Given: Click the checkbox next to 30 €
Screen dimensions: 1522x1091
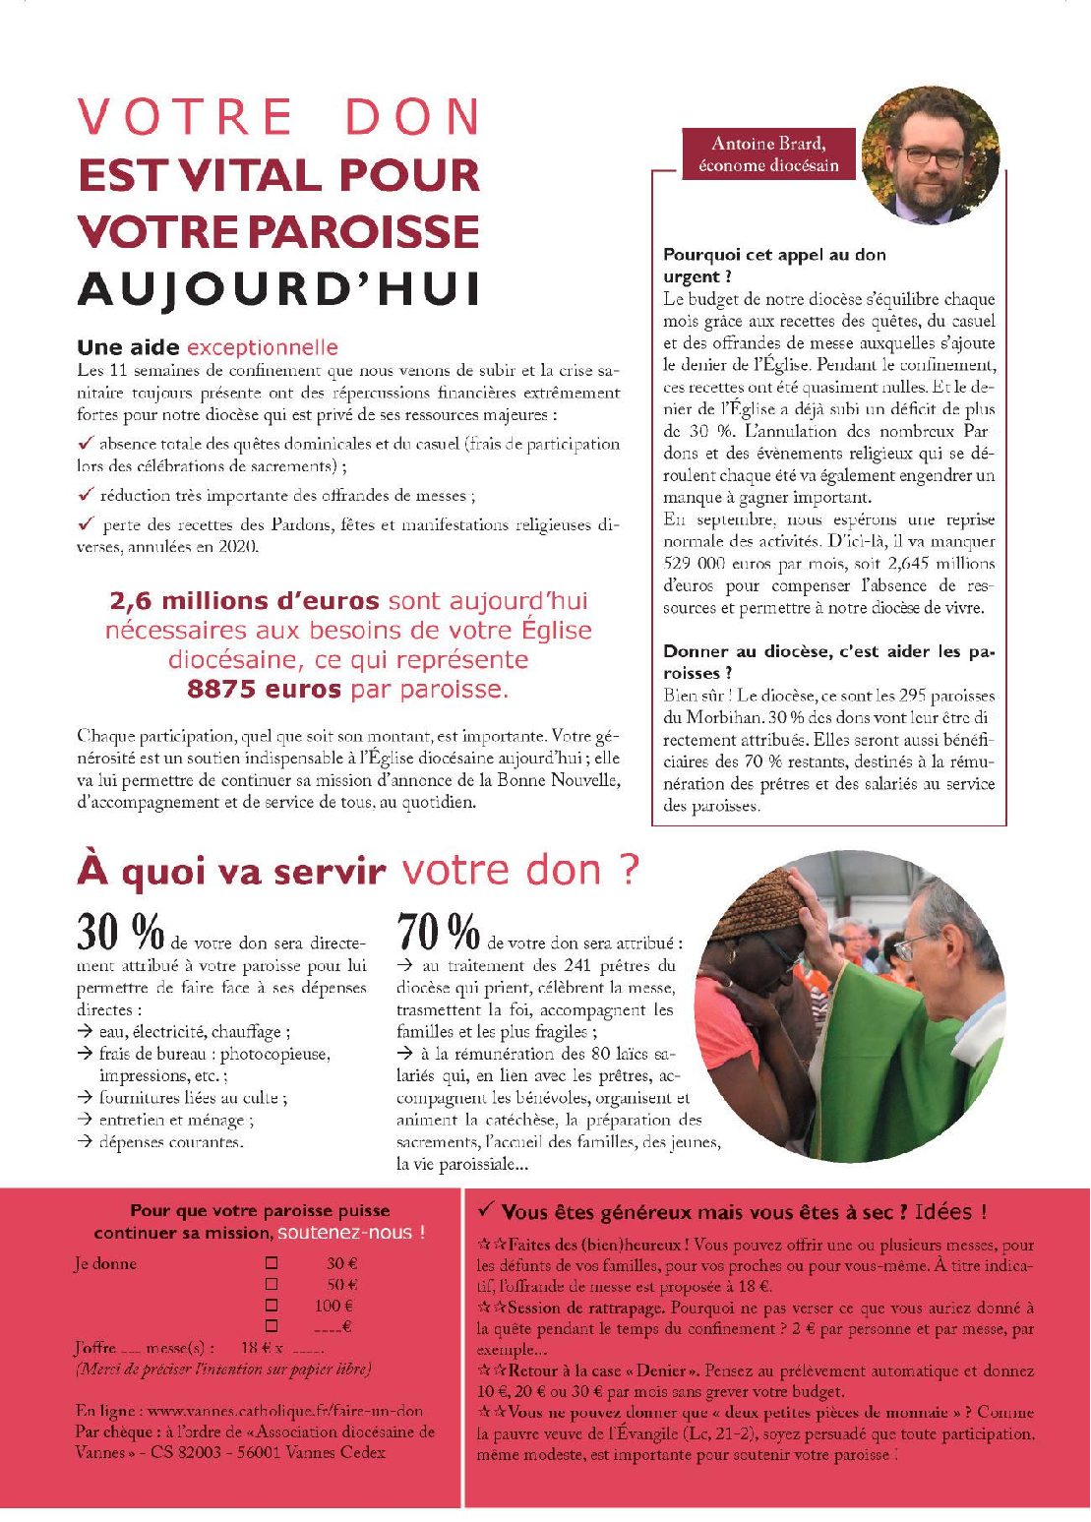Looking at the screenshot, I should pyautogui.click(x=273, y=1263).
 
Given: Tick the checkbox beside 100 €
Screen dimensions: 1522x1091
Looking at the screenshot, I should pyautogui.click(x=273, y=1306).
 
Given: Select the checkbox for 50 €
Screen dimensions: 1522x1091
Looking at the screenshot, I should pyautogui.click(x=273, y=1284).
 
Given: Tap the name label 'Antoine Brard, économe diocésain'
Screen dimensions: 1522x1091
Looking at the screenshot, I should pyautogui.click(x=768, y=154).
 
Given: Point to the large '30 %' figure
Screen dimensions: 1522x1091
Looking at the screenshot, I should pyautogui.click(x=119, y=931).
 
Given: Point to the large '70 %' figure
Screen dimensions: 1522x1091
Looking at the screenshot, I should pyautogui.click(x=438, y=931).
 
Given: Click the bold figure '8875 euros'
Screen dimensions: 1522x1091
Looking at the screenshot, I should pyautogui.click(x=264, y=689).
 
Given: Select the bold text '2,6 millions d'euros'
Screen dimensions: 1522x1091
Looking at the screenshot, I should pyautogui.click(x=244, y=600).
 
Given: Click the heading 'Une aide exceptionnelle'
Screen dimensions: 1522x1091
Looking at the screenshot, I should pyautogui.click(x=208, y=347).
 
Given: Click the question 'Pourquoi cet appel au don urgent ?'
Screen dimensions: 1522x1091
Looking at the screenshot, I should pyautogui.click(x=774, y=265).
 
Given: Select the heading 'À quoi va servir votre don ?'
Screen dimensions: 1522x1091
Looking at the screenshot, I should pyautogui.click(x=358, y=871).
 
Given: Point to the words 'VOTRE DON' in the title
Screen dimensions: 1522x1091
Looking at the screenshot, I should pyautogui.click(x=278, y=117).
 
